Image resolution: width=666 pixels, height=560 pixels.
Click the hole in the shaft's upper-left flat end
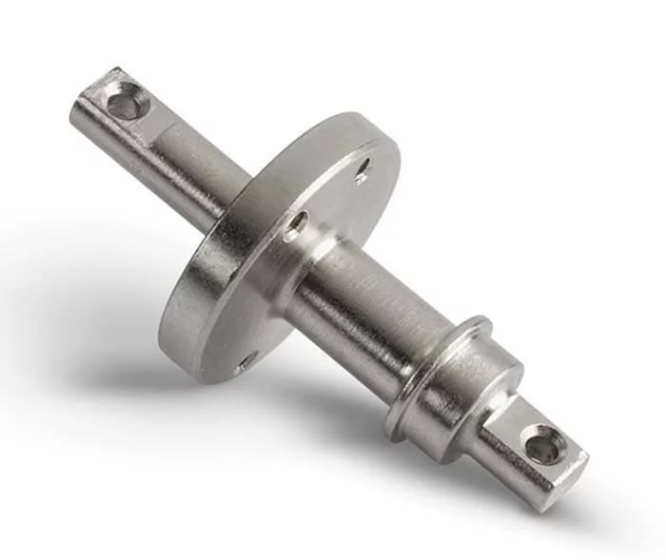tap(123, 101)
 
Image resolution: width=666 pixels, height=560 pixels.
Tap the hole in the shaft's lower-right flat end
tap(543, 445)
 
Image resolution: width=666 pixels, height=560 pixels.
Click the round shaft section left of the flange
tap(190, 162)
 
